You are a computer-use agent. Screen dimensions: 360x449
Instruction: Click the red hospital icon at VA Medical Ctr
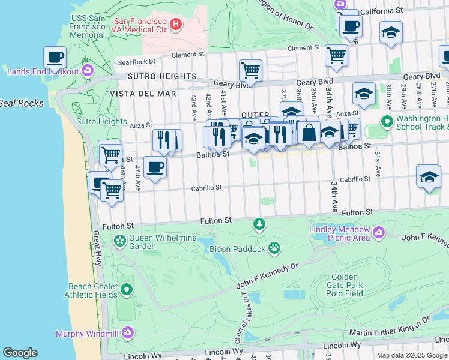175,24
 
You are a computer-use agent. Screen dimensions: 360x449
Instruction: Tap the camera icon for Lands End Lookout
88,71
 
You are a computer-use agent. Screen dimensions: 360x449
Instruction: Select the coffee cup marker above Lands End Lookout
55,58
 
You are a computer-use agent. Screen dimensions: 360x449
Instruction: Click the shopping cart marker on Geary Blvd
250,70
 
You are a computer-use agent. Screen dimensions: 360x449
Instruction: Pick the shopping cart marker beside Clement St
336,55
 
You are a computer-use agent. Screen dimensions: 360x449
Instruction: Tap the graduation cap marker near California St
391,32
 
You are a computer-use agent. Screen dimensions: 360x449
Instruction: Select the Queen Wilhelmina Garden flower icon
120,242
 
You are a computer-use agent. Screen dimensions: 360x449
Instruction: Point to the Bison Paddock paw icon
274,247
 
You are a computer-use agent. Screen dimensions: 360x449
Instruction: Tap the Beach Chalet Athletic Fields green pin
126,290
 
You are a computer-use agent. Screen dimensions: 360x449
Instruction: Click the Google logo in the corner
20,353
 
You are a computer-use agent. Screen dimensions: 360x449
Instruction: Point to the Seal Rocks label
22,103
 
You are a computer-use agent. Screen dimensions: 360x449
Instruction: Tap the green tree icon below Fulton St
259,224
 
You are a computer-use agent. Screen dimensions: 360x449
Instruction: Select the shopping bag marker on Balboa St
309,133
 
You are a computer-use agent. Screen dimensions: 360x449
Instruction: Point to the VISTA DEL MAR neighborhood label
143,94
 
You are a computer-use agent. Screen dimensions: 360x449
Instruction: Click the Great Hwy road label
97,248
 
